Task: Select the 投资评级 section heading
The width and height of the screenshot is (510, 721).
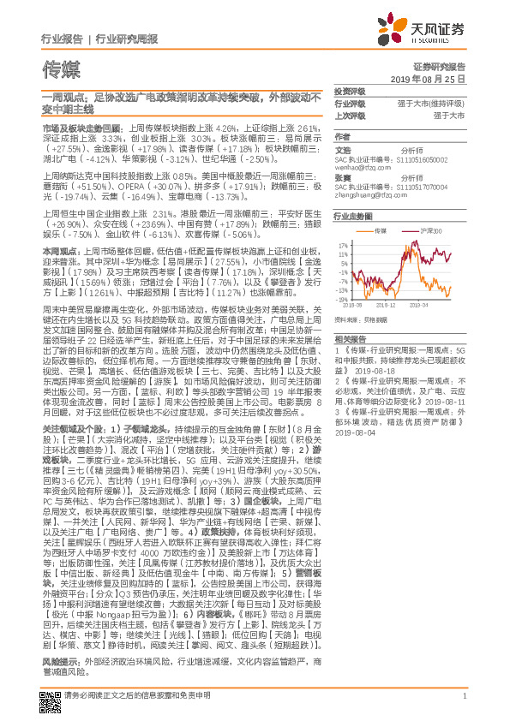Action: (349, 91)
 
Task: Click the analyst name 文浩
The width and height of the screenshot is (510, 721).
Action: (342, 148)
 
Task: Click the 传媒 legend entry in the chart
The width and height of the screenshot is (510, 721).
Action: (383, 231)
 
